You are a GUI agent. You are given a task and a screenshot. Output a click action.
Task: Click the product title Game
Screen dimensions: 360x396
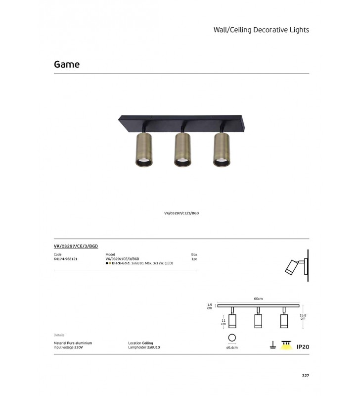coord(67,64)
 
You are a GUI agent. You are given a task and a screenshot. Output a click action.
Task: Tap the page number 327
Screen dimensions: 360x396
coord(306,376)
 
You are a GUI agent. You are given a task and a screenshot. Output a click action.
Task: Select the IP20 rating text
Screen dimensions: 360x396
coord(303,347)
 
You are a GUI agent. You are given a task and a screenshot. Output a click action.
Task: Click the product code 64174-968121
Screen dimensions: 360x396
coord(66,259)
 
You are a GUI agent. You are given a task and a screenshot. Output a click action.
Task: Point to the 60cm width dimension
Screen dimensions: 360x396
coord(258,299)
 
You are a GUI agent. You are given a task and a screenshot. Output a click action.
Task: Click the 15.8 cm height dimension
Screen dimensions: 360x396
coord(303,317)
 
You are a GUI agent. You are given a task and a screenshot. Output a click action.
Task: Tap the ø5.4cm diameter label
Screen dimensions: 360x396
coord(232,347)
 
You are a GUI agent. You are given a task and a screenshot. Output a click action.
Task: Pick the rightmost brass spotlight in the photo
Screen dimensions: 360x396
coord(222,149)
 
